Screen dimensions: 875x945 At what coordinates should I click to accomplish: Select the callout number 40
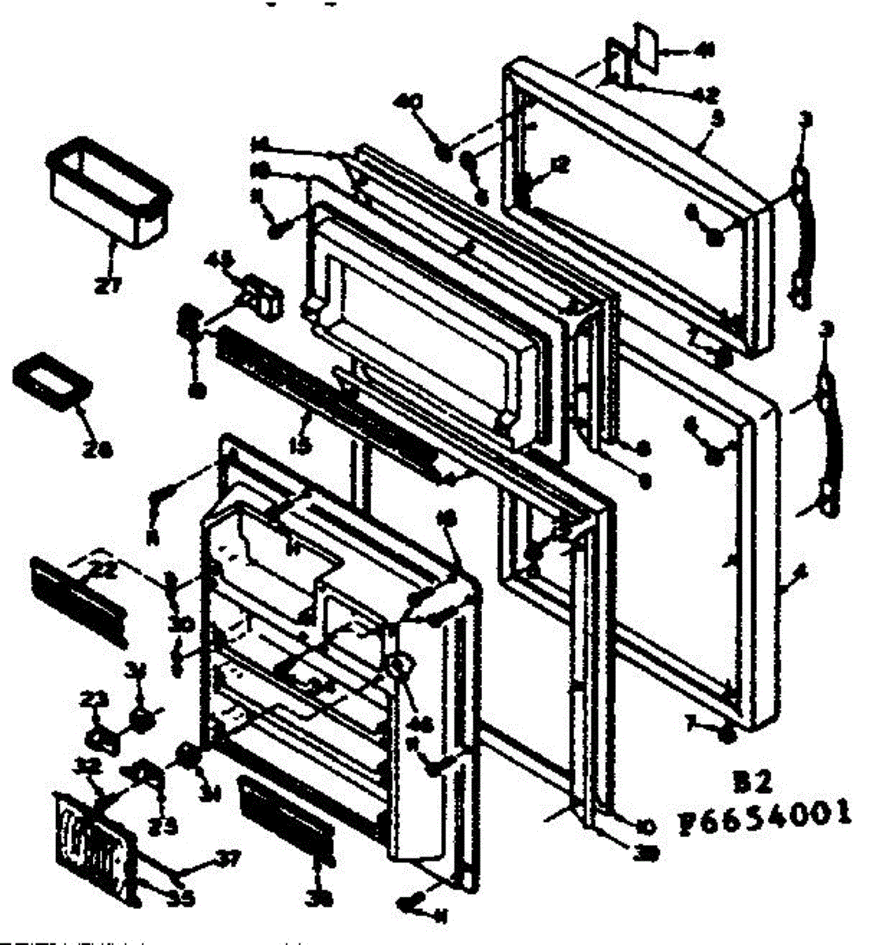[x=413, y=102]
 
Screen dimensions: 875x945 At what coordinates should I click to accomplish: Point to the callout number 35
[x=183, y=895]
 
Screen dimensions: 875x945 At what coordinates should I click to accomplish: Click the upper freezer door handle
[x=801, y=236]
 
